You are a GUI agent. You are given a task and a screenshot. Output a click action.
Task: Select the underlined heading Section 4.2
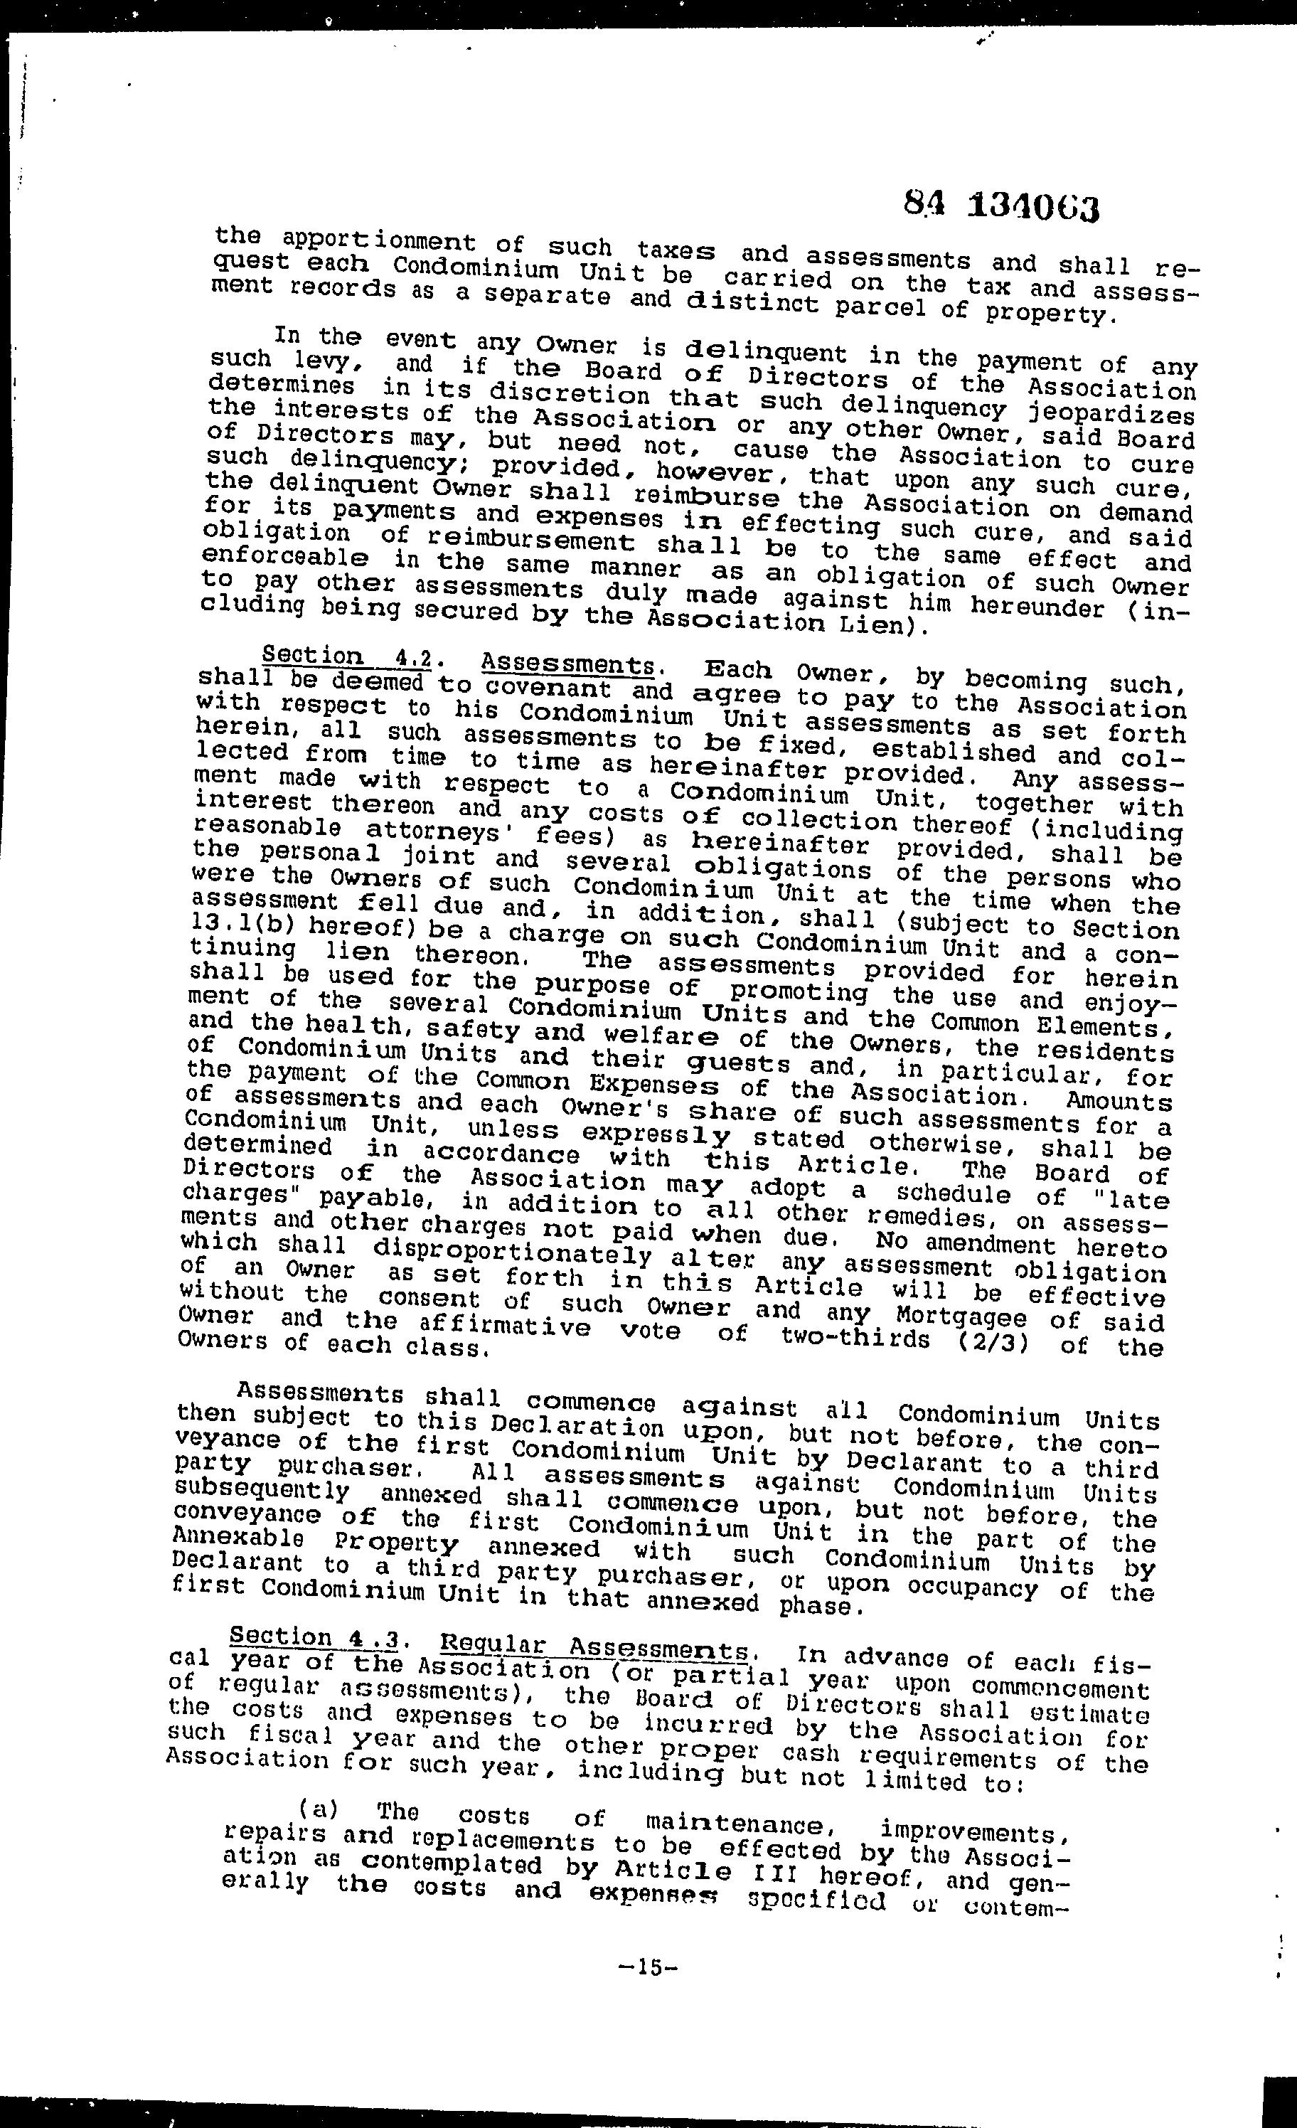coord(346,656)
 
